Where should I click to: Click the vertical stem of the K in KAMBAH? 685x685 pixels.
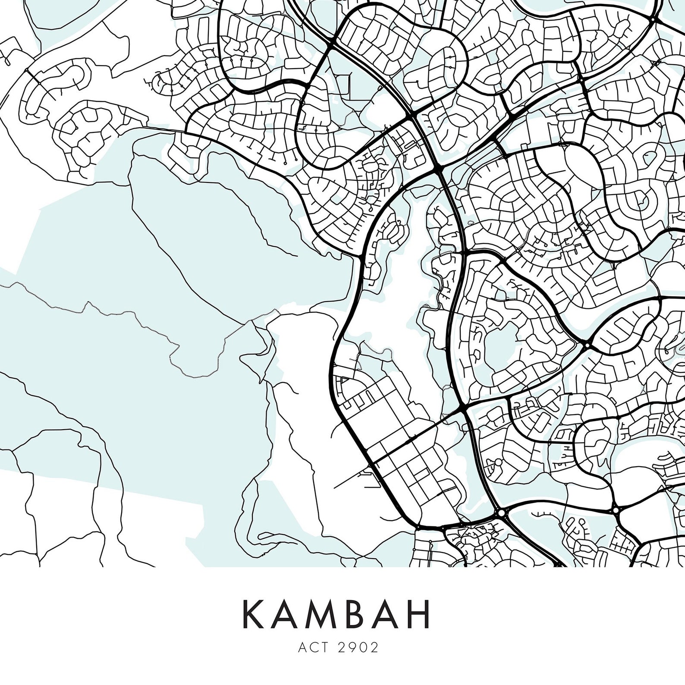[245, 613]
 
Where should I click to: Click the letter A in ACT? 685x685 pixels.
[302, 647]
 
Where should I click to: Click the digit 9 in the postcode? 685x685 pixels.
[354, 647]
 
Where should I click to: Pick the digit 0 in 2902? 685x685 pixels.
[365, 647]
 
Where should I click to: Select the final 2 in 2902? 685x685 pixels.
[375, 647]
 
